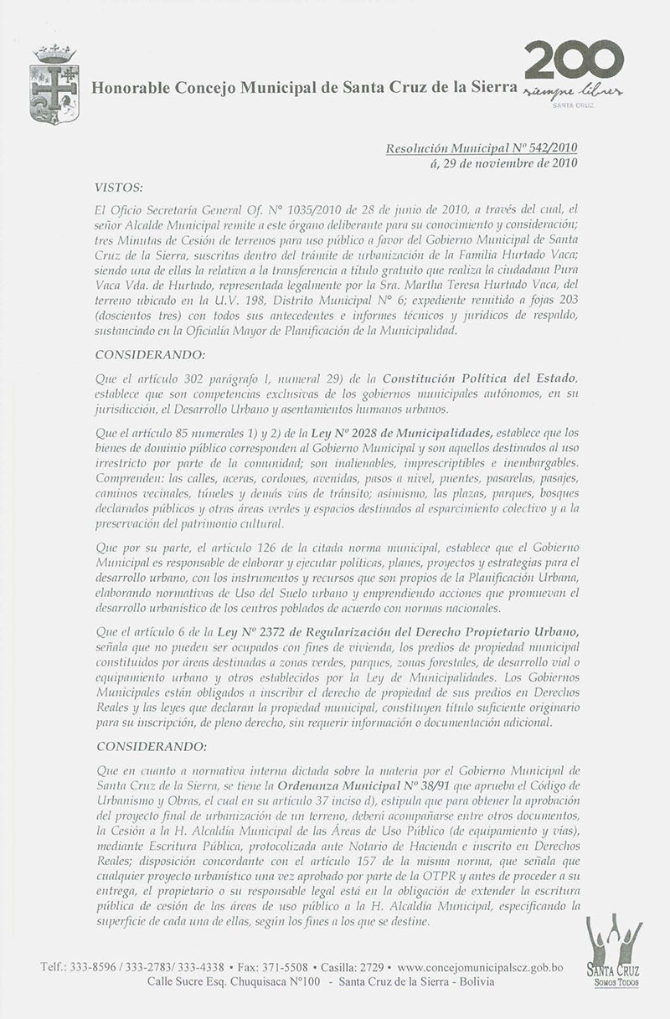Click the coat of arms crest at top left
(50, 85)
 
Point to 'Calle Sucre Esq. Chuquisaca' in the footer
(224, 982)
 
